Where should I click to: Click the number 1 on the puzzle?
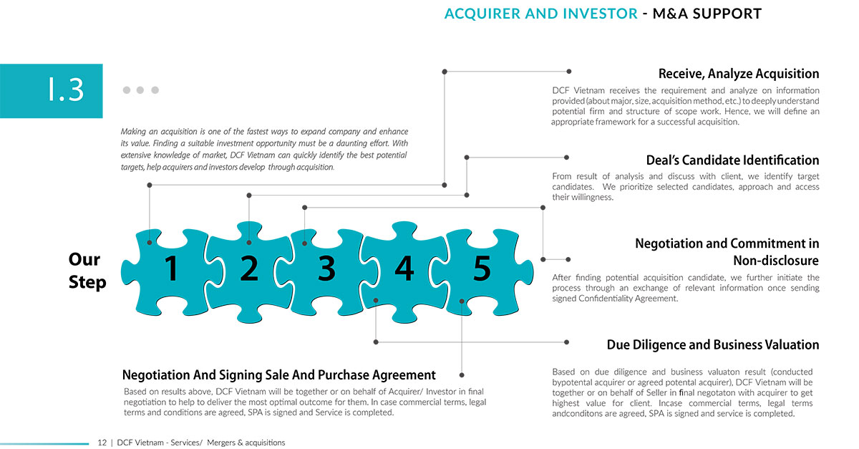click(171, 269)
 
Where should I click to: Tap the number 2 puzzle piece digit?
click(249, 268)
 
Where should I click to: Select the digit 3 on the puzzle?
click(326, 269)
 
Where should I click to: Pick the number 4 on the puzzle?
click(404, 269)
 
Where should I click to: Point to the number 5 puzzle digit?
click(482, 269)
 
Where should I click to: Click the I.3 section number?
click(66, 90)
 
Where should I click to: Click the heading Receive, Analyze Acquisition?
click(739, 74)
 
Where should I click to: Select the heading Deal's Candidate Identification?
click(732, 160)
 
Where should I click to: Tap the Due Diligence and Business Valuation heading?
click(713, 344)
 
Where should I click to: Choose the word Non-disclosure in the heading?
click(776, 261)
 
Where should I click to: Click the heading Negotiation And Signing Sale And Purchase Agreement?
click(278, 375)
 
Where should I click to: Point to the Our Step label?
click(87, 271)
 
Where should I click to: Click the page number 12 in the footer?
click(102, 443)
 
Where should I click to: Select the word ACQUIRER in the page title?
click(482, 14)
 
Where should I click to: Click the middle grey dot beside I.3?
click(140, 90)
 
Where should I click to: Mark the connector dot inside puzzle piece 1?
click(150, 243)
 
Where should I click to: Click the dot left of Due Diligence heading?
click(566, 342)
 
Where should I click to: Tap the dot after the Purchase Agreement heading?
click(462, 375)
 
